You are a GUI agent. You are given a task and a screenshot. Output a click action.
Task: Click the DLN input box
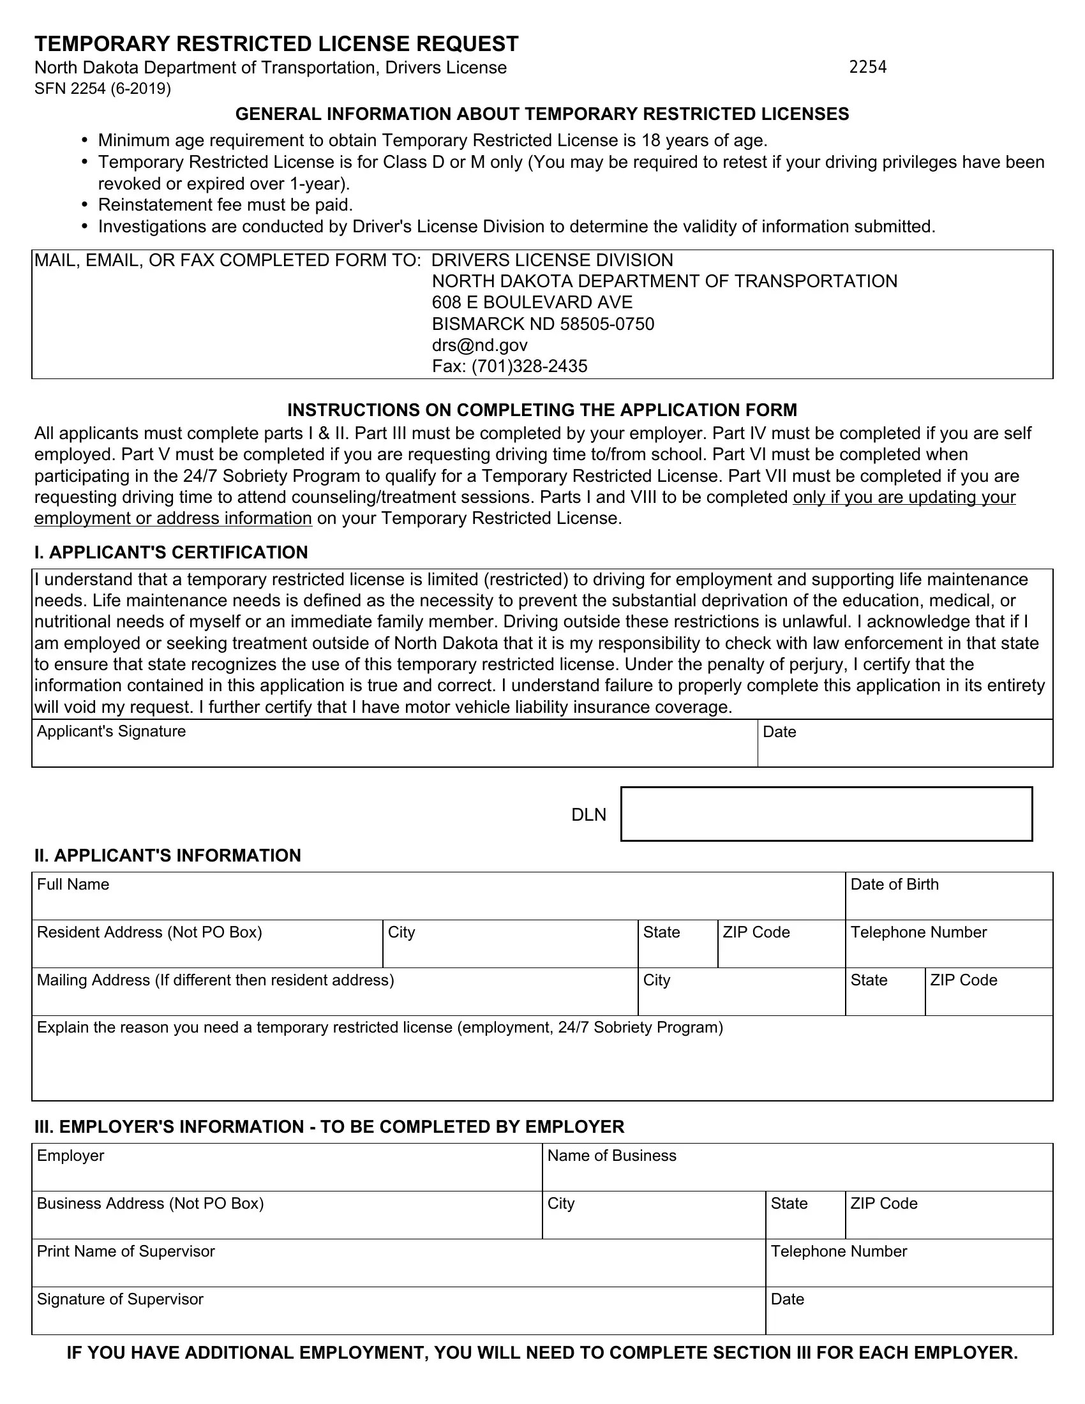(826, 814)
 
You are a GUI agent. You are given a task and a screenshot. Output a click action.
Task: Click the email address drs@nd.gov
(479, 345)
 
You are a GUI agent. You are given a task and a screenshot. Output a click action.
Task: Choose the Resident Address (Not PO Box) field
(206, 950)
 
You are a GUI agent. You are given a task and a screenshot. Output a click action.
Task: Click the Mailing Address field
(334, 997)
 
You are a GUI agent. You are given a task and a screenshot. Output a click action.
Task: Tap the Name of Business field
(797, 1173)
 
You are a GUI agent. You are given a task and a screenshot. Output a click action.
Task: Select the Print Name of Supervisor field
(398, 1269)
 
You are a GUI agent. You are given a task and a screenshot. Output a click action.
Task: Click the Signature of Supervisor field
(398, 1317)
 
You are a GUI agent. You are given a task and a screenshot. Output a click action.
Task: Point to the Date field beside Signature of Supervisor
(908, 1317)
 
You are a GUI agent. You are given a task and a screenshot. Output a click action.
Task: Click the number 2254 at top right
(867, 67)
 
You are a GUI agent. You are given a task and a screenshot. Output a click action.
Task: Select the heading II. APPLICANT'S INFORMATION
(167, 855)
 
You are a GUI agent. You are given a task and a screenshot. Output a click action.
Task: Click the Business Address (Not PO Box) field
(286, 1221)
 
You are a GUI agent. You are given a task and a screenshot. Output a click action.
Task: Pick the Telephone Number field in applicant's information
(948, 950)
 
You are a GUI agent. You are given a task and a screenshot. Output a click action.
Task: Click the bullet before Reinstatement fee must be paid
(84, 205)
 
